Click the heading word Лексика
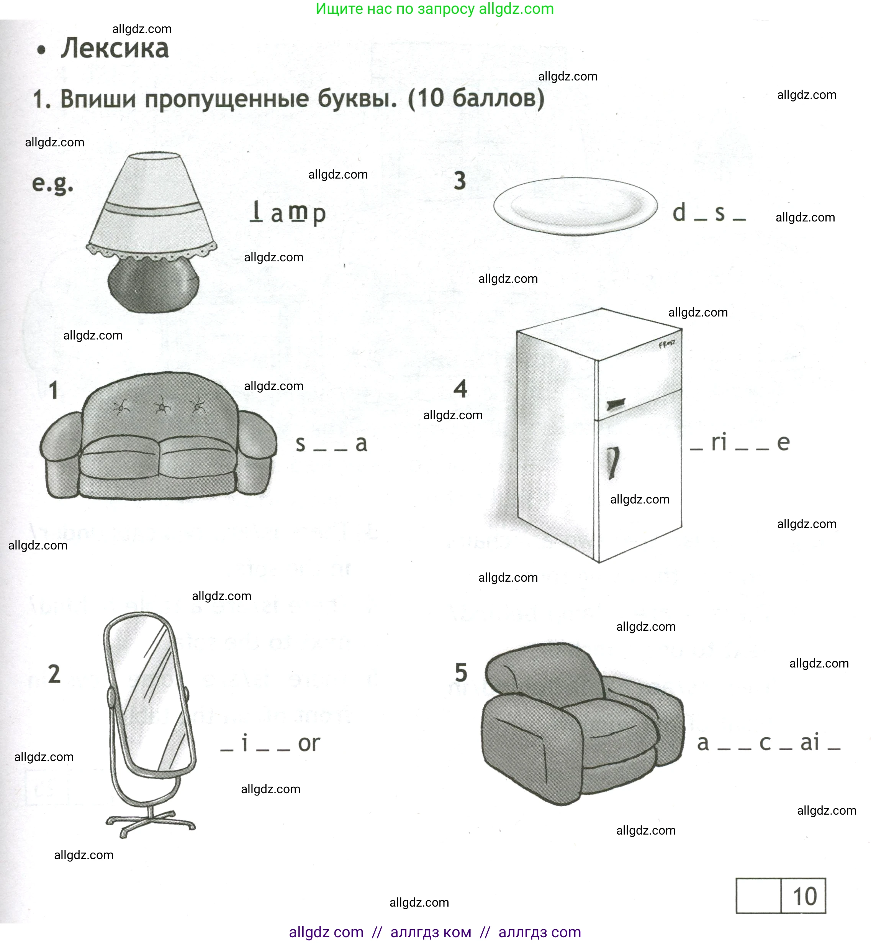coord(114,49)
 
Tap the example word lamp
coord(288,213)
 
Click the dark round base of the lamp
coord(153,285)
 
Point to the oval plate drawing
coord(575,206)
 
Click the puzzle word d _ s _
coord(708,213)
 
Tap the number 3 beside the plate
coord(460,180)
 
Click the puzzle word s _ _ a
coord(331,444)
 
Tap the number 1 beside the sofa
coord(54,390)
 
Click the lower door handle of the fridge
coord(613,462)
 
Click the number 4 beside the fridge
coord(460,389)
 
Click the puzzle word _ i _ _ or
coord(270,743)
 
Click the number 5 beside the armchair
coord(460,672)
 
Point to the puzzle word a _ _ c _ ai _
coord(768,743)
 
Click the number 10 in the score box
coord(804,896)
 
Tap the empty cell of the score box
coord(758,896)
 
